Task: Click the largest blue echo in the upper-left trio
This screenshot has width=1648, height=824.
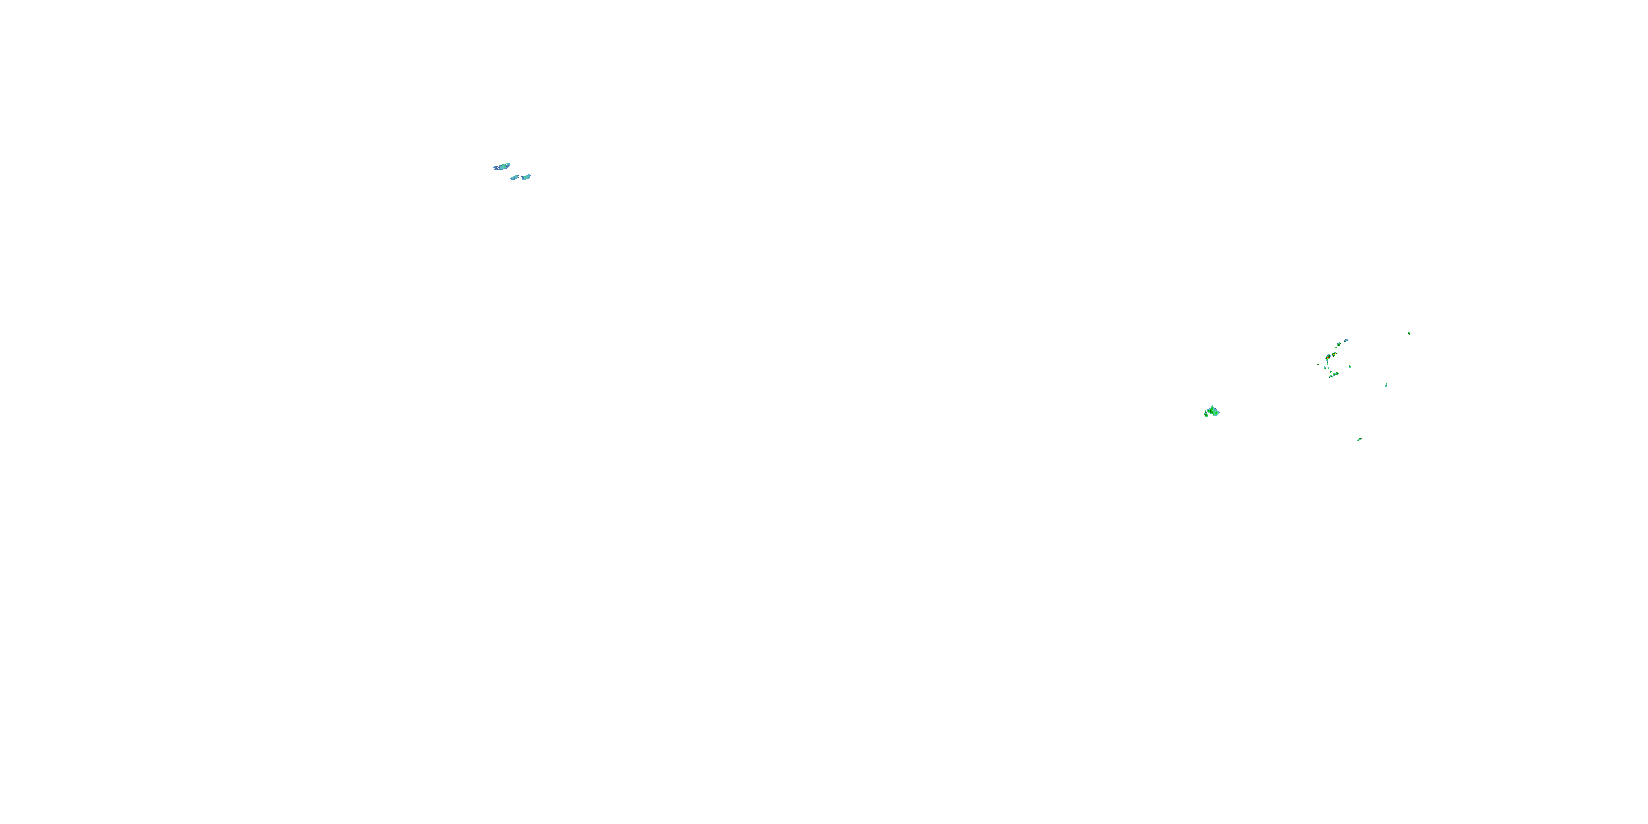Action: click(x=502, y=167)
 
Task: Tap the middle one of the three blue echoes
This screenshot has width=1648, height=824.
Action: click(x=514, y=177)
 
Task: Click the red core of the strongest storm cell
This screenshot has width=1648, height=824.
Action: click(x=1329, y=357)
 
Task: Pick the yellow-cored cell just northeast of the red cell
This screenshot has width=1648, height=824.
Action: click(x=1334, y=354)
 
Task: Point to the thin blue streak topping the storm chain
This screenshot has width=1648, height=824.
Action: click(x=1346, y=341)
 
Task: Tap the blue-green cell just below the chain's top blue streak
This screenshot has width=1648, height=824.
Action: click(x=1339, y=344)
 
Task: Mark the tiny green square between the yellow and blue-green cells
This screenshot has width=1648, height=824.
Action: click(x=1337, y=347)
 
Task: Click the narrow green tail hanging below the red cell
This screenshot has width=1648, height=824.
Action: click(x=1328, y=363)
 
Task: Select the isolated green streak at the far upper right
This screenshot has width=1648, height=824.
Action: click(x=1410, y=334)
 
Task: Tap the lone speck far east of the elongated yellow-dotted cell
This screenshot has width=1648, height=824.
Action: click(x=1387, y=385)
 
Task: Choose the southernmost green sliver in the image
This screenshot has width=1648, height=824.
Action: click(x=1360, y=439)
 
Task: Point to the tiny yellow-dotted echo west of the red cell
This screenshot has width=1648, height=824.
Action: click(x=1319, y=365)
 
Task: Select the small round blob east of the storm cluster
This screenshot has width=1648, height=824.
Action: click(x=1350, y=366)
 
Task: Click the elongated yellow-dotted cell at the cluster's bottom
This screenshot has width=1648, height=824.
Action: click(x=1336, y=374)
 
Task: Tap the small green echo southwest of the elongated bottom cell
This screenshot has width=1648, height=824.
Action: click(x=1330, y=377)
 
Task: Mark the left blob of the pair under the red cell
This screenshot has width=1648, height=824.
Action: click(x=1325, y=368)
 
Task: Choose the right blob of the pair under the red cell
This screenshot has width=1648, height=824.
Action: click(x=1329, y=368)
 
